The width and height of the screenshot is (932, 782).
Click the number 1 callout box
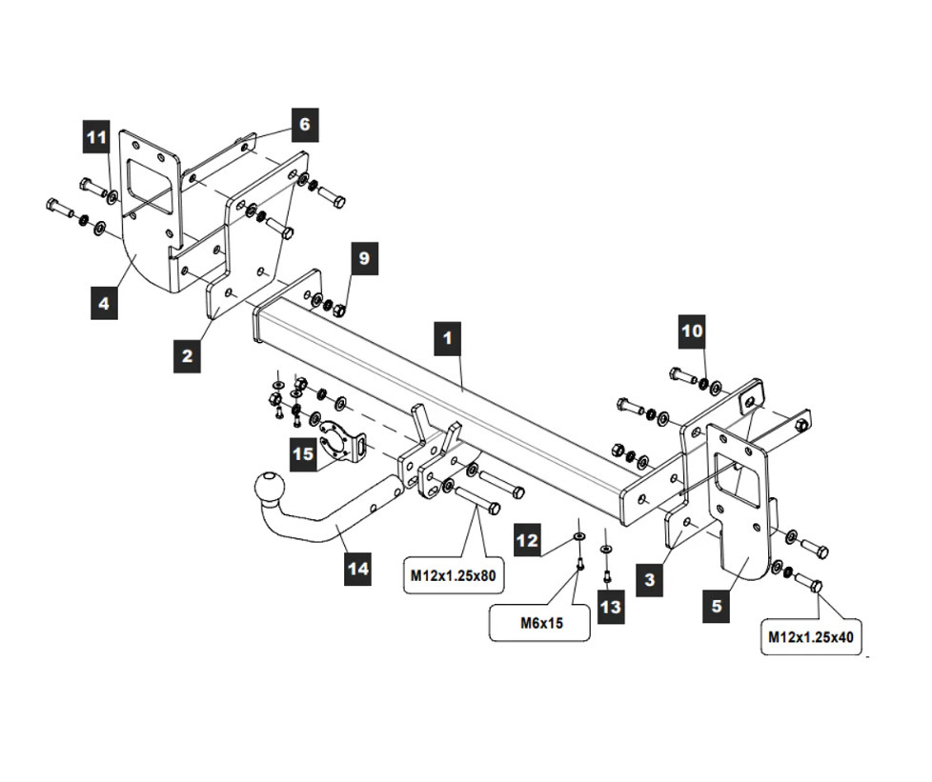pos(447,338)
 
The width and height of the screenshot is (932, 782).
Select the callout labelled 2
pos(188,355)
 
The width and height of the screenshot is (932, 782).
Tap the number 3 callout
pos(649,578)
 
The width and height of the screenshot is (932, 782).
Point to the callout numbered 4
pos(104,304)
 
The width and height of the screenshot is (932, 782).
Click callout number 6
pos(303,125)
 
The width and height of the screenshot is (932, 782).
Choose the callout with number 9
pos(363,258)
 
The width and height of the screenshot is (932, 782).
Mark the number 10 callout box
pos(693,331)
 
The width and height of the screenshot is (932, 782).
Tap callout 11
pos(96,139)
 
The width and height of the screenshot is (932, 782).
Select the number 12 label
pos(527,540)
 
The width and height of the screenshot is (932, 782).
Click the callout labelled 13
pos(611,606)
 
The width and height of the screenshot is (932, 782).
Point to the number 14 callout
pos(357,570)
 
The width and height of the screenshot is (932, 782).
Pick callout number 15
pos(303,453)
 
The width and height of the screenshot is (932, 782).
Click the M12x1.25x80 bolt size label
pos(454,574)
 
